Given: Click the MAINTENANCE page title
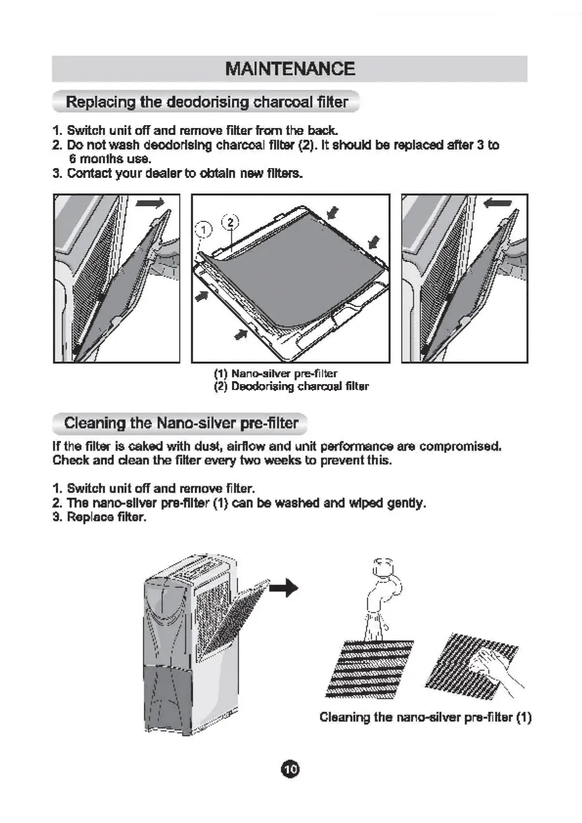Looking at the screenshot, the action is pos(290,69).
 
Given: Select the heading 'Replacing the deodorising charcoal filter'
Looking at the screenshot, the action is pos(207,102).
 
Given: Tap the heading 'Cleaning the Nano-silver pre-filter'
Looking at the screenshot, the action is pos(181,423).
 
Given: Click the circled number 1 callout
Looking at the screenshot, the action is pos(203,229).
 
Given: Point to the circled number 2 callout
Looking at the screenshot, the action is pos(230,222).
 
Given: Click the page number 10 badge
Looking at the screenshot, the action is pos(290,769).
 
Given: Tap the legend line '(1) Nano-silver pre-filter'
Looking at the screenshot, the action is pos(276,374).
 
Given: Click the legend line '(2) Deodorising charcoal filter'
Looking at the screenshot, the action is pos(291,387).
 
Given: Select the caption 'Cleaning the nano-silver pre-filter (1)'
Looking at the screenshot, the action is pos(425,717).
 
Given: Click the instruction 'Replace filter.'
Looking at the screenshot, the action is pos(107,517).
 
